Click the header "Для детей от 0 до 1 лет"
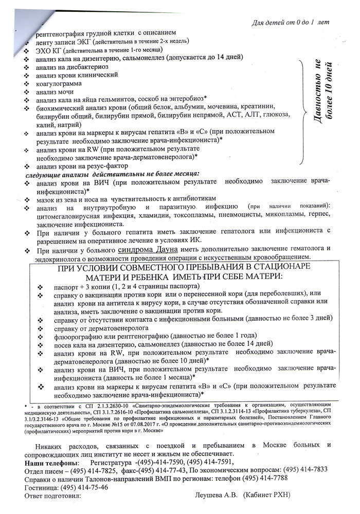pos(292,23)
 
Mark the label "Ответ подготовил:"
pos(53,495)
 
